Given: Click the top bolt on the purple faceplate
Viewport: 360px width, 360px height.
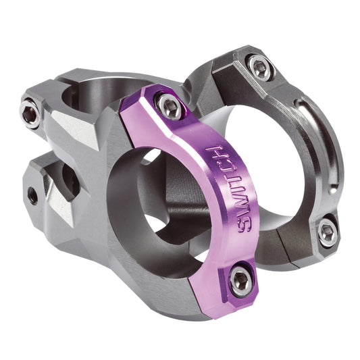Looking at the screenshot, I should click(168, 104).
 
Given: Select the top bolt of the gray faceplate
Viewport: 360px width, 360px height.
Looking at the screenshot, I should click(260, 66).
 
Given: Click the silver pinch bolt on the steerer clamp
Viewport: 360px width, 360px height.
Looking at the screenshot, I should click(29, 114).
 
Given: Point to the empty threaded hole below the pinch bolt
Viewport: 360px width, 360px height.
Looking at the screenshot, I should click(32, 195).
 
